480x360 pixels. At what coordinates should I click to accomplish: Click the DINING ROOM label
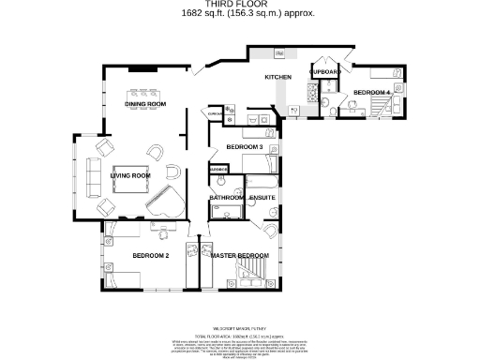click(x=145, y=104)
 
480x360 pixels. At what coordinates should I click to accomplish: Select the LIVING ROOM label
click(x=130, y=175)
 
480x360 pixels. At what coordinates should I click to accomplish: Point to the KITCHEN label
click(x=278, y=77)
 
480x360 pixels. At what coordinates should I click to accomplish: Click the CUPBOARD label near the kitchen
click(x=324, y=72)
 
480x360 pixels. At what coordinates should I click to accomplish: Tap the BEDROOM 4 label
click(x=371, y=91)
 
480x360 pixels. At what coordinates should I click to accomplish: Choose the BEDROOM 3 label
click(x=243, y=147)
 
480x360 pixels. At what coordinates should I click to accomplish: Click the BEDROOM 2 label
click(x=150, y=255)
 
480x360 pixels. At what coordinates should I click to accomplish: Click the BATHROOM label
click(x=227, y=198)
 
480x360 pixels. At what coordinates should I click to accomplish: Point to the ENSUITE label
click(x=262, y=198)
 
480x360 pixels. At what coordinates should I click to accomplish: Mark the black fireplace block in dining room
click(x=143, y=68)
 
